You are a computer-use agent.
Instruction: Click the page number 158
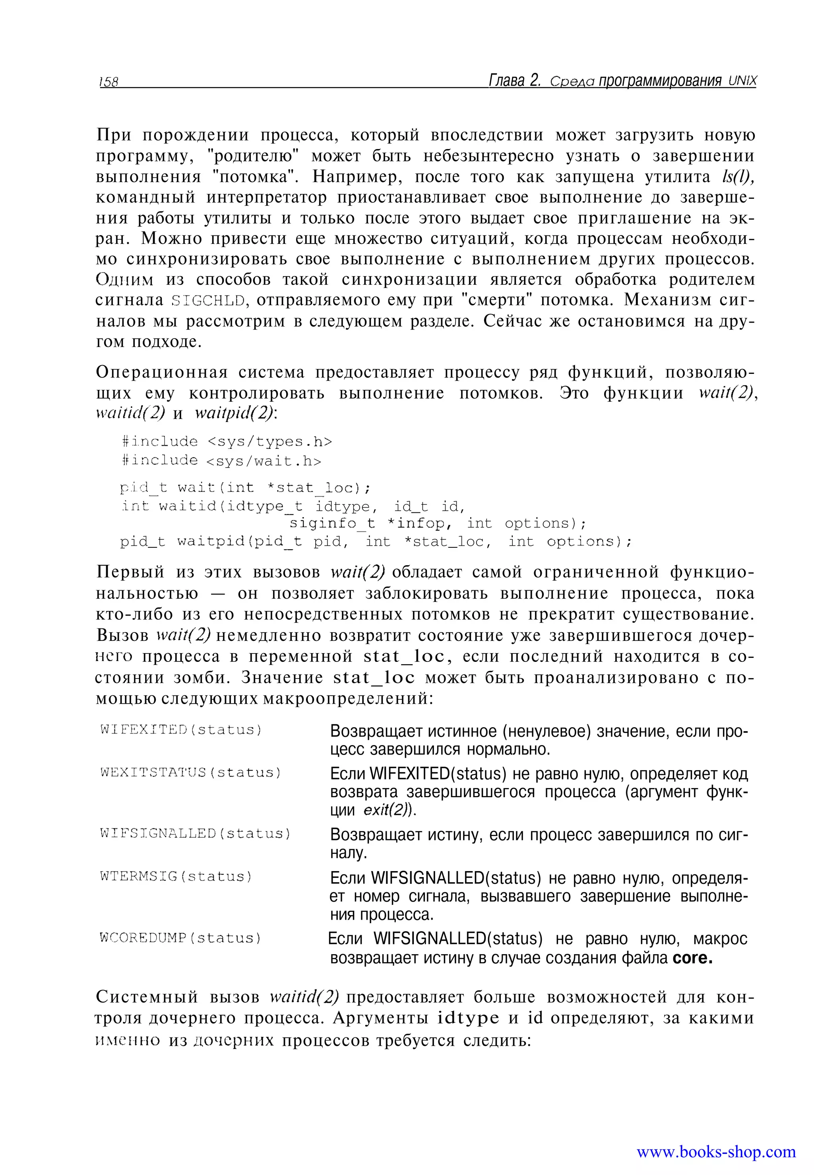(109, 82)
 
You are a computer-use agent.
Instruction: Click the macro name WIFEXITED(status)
(181, 730)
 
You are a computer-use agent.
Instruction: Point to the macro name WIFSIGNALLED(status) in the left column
(195, 834)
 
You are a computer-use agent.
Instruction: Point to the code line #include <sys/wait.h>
(221, 460)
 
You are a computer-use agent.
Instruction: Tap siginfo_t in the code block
(332, 524)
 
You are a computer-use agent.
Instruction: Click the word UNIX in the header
(742, 81)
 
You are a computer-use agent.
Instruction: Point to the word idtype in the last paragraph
(468, 1018)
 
